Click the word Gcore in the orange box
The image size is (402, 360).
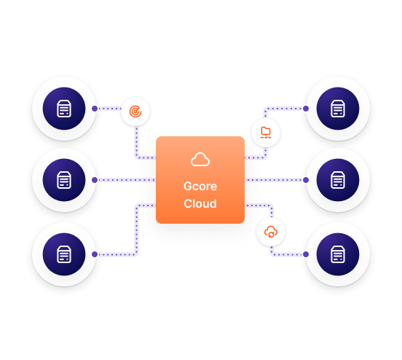pyautogui.click(x=200, y=187)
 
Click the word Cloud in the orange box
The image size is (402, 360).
pyautogui.click(x=200, y=203)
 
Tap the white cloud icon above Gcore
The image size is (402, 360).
pyautogui.click(x=200, y=160)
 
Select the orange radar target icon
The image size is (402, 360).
pyautogui.click(x=135, y=111)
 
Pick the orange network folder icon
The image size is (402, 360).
pyautogui.click(x=266, y=133)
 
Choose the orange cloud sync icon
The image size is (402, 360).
pyautogui.click(x=271, y=232)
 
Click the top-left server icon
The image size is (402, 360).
pyautogui.click(x=64, y=109)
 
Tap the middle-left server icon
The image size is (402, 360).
pyautogui.click(x=64, y=180)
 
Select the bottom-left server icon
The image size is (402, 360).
pyautogui.click(x=64, y=254)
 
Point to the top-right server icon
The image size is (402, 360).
pyautogui.click(x=338, y=109)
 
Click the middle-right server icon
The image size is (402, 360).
pyautogui.click(x=338, y=180)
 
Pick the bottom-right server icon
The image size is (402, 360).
pyautogui.click(x=338, y=254)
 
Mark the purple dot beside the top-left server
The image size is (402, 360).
pyautogui.click(x=95, y=109)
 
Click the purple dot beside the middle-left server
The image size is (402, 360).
pyautogui.click(x=95, y=180)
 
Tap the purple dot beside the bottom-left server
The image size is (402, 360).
pyautogui.click(x=95, y=254)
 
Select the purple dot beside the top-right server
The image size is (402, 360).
pyautogui.click(x=306, y=109)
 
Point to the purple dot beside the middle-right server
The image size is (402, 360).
pyautogui.click(x=306, y=180)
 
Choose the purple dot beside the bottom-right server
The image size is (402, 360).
pyautogui.click(x=306, y=254)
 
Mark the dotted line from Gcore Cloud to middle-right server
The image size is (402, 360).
pyautogui.click(x=274, y=180)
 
